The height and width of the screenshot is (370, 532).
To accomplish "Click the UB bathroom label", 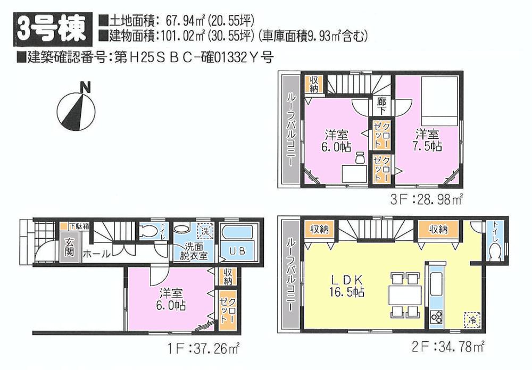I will pyautogui.click(x=238, y=251).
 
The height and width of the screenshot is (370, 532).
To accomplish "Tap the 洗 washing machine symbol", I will pyautogui.click(x=205, y=231).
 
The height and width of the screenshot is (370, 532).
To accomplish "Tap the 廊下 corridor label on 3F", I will pyautogui.click(x=381, y=105).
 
